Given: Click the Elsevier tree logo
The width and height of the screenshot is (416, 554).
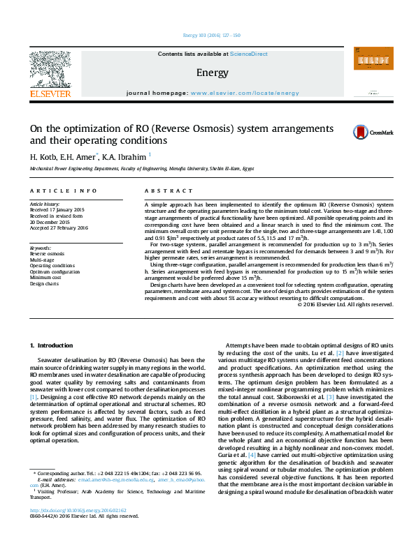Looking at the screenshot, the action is pyautogui.click(x=50, y=70).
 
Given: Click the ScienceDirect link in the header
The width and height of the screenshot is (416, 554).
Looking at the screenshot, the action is pyautogui.click(x=249, y=53).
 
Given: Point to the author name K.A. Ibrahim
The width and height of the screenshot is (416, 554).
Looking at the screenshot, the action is pyautogui.click(x=125, y=156).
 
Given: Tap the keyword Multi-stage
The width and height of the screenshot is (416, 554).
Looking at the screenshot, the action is pyautogui.click(x=43, y=260).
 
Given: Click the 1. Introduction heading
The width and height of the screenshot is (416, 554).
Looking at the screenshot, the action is pyautogui.click(x=53, y=346).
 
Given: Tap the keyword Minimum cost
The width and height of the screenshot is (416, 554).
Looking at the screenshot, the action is pyautogui.click(x=45, y=278).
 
